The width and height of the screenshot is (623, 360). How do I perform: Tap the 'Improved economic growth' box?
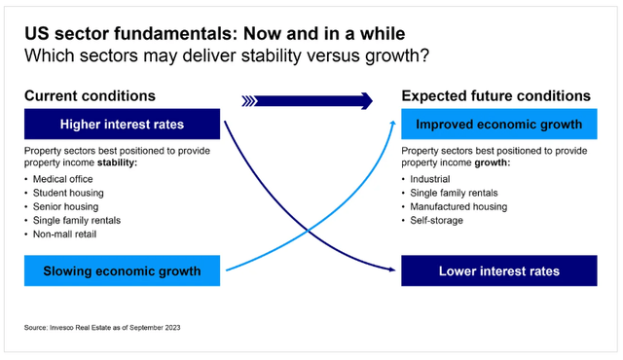(497, 125)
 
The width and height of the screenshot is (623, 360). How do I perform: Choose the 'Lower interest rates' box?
(497, 270)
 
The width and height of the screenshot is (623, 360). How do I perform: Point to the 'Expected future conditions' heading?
(496, 96)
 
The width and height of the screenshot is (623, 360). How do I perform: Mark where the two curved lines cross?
(308, 230)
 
